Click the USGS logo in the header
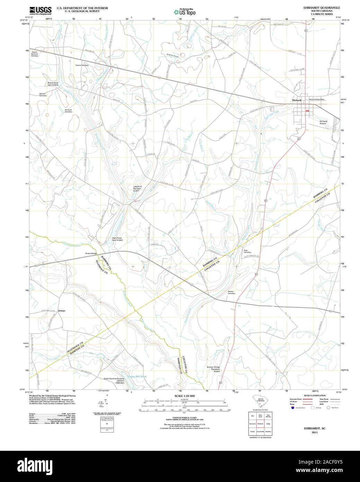tap(40, 10)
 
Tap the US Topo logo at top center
tap(185, 11)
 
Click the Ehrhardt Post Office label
tap(316, 100)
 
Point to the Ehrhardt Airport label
tap(323, 122)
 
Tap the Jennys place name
tap(62, 311)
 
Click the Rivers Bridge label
tap(91, 253)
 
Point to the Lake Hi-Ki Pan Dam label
tap(138, 189)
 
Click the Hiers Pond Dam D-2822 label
tap(117, 239)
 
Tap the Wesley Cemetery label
tap(231, 292)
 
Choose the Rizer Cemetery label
tap(247, 251)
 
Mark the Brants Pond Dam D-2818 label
tap(53, 84)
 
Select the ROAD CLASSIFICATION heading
tap(314, 396)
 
